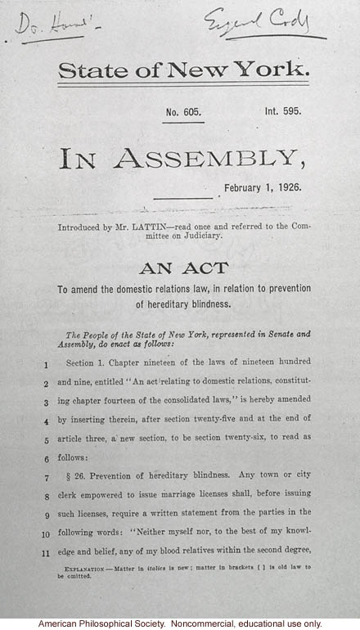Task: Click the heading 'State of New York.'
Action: (183, 71)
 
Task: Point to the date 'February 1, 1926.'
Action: (262, 187)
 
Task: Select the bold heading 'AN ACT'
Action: (183, 268)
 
